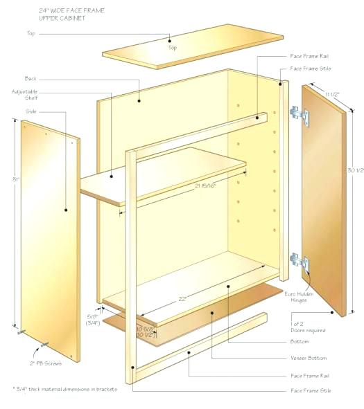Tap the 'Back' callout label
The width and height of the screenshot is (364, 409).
coord(31,78)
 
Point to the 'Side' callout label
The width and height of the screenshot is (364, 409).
coord(31,111)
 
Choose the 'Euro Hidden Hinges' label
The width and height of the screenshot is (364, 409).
coord(299,298)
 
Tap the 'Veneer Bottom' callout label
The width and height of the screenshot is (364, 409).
coord(309,358)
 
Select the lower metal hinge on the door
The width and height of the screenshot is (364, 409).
coord(298,261)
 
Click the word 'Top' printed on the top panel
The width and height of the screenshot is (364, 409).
coord(171,48)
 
